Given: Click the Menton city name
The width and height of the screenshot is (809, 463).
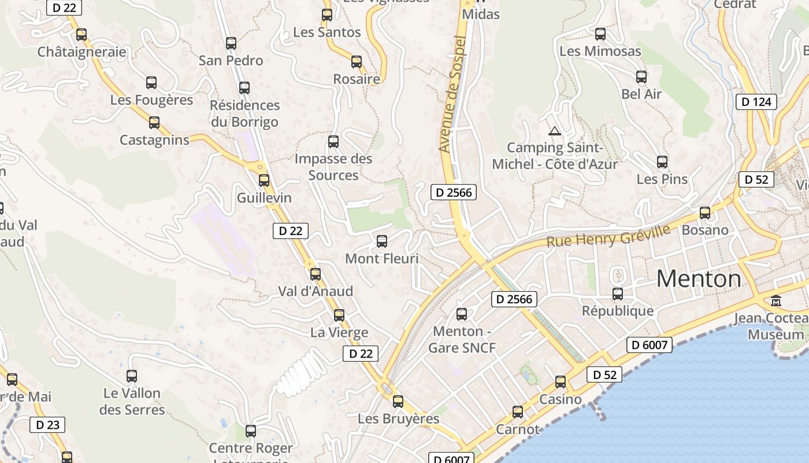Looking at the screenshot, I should point(699,279).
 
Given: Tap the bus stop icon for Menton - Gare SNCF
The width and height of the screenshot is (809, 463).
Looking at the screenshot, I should point(462,314).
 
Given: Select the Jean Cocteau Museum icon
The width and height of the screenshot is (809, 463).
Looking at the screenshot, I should point(775,301).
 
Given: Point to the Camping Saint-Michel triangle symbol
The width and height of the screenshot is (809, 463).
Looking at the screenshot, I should point(555,131).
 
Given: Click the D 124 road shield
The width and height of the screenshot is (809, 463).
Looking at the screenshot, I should point(756,102).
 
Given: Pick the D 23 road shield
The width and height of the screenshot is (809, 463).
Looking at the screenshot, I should point(47,425).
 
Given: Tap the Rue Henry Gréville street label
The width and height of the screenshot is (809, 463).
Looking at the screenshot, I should point(608,236).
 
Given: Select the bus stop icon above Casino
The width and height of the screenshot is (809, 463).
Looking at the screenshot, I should point(561,382).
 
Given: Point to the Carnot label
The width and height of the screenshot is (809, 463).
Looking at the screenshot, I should point(518,429).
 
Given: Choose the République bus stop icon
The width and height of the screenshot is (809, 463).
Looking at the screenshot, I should point(618,294).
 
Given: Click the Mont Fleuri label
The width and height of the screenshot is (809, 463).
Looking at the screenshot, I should point(381,259).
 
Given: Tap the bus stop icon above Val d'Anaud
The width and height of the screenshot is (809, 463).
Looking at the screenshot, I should point(316,274).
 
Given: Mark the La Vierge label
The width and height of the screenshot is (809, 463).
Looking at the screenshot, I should point(339,333).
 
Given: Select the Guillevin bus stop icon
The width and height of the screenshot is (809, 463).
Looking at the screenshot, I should point(264,181).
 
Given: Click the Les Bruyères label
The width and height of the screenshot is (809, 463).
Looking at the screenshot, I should point(398,418).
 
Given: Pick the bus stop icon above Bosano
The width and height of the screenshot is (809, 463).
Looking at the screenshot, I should point(705,213).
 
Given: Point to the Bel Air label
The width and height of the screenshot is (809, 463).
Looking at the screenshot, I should point(641,94).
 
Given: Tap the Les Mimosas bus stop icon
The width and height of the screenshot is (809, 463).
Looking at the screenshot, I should point(600,34).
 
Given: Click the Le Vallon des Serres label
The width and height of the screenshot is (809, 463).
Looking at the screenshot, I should point(132,402).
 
